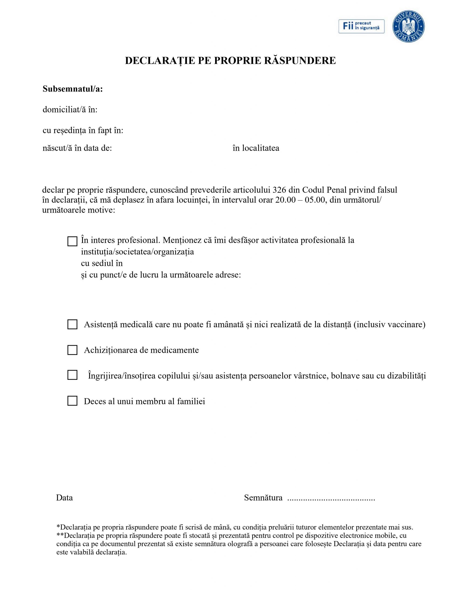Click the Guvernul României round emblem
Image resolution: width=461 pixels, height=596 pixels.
coord(408,27)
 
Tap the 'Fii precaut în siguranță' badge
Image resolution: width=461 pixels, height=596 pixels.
coord(361,26)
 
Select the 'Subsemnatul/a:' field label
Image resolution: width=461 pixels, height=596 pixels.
coord(73,89)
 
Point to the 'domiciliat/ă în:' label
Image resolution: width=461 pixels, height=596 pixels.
coord(70,110)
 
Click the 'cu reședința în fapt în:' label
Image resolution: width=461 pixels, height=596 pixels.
coord(83,130)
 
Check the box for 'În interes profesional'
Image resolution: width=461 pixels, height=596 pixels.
coord(72,241)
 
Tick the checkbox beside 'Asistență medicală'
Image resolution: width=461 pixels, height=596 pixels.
coord(72,325)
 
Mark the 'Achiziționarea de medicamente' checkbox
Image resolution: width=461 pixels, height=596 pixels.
coord(72,350)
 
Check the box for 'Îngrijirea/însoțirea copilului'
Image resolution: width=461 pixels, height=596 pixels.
coord(72,375)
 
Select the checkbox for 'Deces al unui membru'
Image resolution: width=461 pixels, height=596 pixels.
coord(72,401)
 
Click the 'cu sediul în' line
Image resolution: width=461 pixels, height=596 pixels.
coord(102,263)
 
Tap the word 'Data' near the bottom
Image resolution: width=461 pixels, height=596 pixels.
coord(64,498)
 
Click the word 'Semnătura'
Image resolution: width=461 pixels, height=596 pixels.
coord(263,498)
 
